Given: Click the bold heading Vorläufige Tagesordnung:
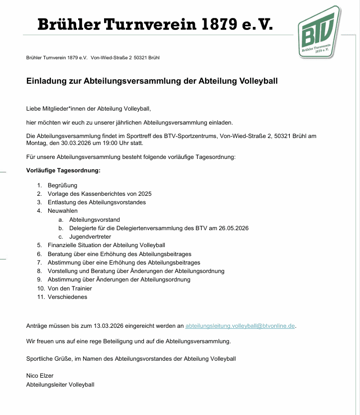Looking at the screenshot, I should coord(63,170).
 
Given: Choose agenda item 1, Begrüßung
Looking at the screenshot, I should coord(62,185).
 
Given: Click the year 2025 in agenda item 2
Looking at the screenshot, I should coord(144,194).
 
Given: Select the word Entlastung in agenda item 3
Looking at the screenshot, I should coord(62,202).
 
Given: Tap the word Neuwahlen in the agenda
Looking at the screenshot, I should coord(63,211).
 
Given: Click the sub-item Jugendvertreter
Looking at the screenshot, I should coord(90,237).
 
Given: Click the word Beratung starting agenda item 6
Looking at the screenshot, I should coord(60,254).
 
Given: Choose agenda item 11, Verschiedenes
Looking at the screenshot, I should coord(67,297).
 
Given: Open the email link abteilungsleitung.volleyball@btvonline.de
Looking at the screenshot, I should coord(240,326).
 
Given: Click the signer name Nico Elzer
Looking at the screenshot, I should coord(40,376).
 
